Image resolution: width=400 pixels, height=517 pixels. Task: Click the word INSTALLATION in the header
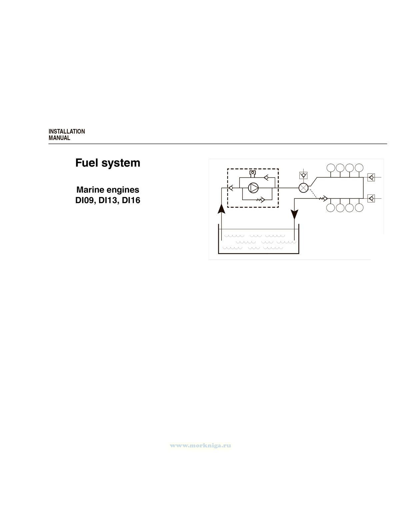click(67, 131)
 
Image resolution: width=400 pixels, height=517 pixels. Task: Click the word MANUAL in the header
click(59, 138)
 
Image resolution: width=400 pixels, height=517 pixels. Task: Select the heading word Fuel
click(86, 163)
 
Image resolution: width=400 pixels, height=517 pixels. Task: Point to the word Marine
click(89, 190)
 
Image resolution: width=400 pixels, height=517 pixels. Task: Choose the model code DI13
click(107, 200)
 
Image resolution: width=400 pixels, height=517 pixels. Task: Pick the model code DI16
click(131, 200)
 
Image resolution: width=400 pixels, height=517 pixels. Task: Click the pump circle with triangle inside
click(254, 188)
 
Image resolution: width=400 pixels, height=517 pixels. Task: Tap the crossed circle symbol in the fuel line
click(303, 188)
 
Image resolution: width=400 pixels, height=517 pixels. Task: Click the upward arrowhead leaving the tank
click(221, 208)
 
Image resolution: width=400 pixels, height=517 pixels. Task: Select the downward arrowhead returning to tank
click(294, 214)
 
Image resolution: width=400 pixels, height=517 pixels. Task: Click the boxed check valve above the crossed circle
click(303, 175)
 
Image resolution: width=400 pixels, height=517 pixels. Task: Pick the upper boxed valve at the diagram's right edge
click(371, 177)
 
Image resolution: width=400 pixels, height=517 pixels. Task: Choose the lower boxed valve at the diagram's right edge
click(371, 199)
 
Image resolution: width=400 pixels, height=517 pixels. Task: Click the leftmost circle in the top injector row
click(331, 167)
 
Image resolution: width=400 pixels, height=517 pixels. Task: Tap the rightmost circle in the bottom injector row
click(359, 208)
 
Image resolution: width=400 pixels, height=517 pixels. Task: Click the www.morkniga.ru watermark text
click(200, 446)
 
